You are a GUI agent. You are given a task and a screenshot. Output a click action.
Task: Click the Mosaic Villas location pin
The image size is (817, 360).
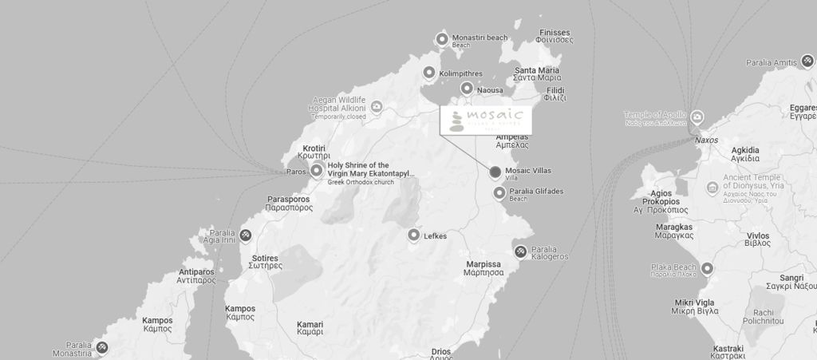pos(495,172)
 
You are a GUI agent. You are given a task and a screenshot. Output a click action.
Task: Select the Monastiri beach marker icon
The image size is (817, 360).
pos(442,39)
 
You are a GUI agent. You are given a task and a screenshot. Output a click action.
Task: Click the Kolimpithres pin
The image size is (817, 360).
pos(429,73)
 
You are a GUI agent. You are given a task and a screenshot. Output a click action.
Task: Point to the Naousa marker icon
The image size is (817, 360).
pos(467,89)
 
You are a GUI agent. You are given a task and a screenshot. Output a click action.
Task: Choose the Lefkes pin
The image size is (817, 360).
pos(413,235)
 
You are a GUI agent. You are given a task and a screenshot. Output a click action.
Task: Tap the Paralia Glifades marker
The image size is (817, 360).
pos(499,193)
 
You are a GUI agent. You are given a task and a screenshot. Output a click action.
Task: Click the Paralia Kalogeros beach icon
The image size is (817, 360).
pos(521,252)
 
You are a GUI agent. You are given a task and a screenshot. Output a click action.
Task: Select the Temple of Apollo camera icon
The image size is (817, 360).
pos(697,117)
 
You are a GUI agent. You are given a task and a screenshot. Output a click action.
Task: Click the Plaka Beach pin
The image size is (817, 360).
pos(707,268)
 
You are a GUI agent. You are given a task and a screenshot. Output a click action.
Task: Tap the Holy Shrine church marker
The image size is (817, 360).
pos(317,170)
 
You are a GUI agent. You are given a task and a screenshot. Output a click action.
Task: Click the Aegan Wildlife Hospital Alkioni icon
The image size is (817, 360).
pos(377,106)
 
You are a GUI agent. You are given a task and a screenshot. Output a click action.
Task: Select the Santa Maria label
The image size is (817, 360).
pos(537,74)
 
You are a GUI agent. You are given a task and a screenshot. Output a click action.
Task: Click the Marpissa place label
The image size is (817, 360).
pos(483,268)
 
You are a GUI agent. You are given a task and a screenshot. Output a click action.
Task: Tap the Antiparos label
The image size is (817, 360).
pos(196,276)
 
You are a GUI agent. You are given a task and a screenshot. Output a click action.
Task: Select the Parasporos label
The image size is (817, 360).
pos(290,203)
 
